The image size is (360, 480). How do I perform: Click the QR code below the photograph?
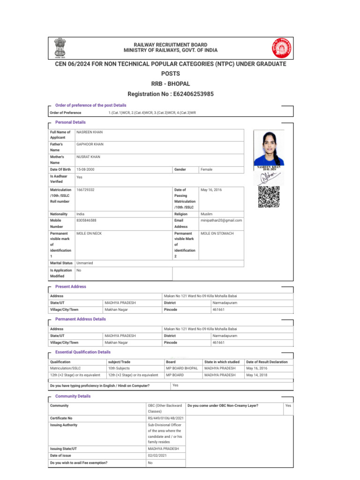(269, 197)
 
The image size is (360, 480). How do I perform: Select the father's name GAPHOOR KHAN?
(90, 144)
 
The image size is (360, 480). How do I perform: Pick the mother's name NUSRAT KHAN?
(88, 157)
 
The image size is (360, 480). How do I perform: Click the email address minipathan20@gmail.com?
(221, 220)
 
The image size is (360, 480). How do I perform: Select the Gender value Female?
(207, 169)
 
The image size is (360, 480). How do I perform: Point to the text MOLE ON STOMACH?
(217, 233)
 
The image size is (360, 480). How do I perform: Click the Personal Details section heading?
(70, 122)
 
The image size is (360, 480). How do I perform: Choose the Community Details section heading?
(73, 396)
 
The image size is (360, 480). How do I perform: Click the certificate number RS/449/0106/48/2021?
(165, 418)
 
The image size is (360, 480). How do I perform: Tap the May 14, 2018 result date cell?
(257, 375)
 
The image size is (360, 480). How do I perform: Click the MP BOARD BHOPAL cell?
(182, 368)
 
